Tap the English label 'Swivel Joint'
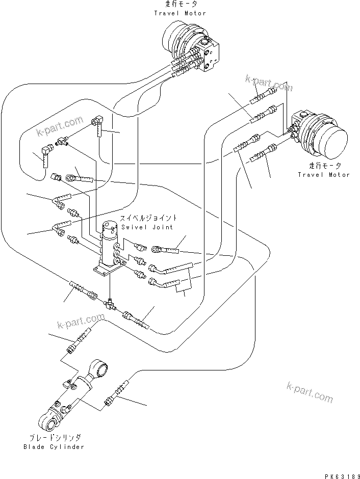coord(147,227)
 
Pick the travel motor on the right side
coord(321,134)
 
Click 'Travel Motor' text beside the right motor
coord(324,175)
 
